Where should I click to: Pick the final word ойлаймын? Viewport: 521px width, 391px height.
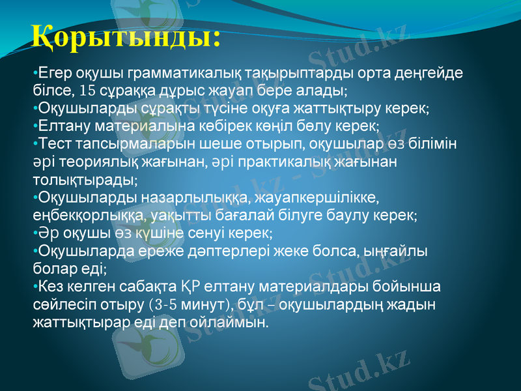tap(233, 321)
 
